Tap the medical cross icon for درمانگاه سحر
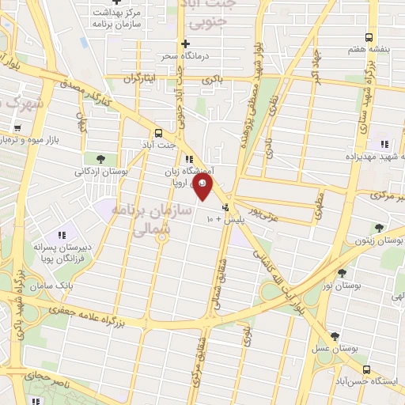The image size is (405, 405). pyautogui.click(x=184, y=44)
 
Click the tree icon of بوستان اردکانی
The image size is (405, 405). pyautogui.click(x=100, y=159)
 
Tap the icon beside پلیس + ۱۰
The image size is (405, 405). pyautogui.click(x=225, y=207)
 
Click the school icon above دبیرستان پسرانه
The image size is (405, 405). pyautogui.click(x=61, y=235)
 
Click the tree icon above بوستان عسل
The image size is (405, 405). pyautogui.click(x=334, y=336)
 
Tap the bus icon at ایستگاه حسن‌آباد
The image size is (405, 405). pyautogui.click(x=365, y=368)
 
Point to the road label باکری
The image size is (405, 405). pyautogui.click(x=212, y=79)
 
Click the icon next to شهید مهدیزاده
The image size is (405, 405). pyautogui.click(x=384, y=144)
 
